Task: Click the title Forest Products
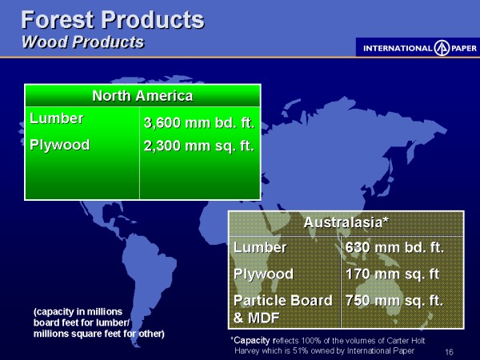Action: [113, 20]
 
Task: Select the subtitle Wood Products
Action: [83, 42]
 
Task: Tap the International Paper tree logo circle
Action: [442, 48]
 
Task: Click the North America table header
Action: [142, 96]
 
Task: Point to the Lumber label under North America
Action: [56, 118]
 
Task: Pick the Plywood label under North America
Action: [60, 145]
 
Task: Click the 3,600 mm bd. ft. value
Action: [199, 122]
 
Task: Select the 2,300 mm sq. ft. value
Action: [199, 146]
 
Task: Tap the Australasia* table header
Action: [346, 222]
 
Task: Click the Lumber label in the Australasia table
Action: [260, 247]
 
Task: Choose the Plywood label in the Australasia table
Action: [263, 274]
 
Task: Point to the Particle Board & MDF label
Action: [282, 309]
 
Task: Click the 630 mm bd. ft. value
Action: [394, 247]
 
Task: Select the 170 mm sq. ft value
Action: [392, 274]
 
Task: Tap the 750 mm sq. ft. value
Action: [394, 301]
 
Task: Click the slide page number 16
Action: [449, 352]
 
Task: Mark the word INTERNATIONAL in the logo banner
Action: [398, 48]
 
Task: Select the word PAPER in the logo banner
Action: [464, 48]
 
